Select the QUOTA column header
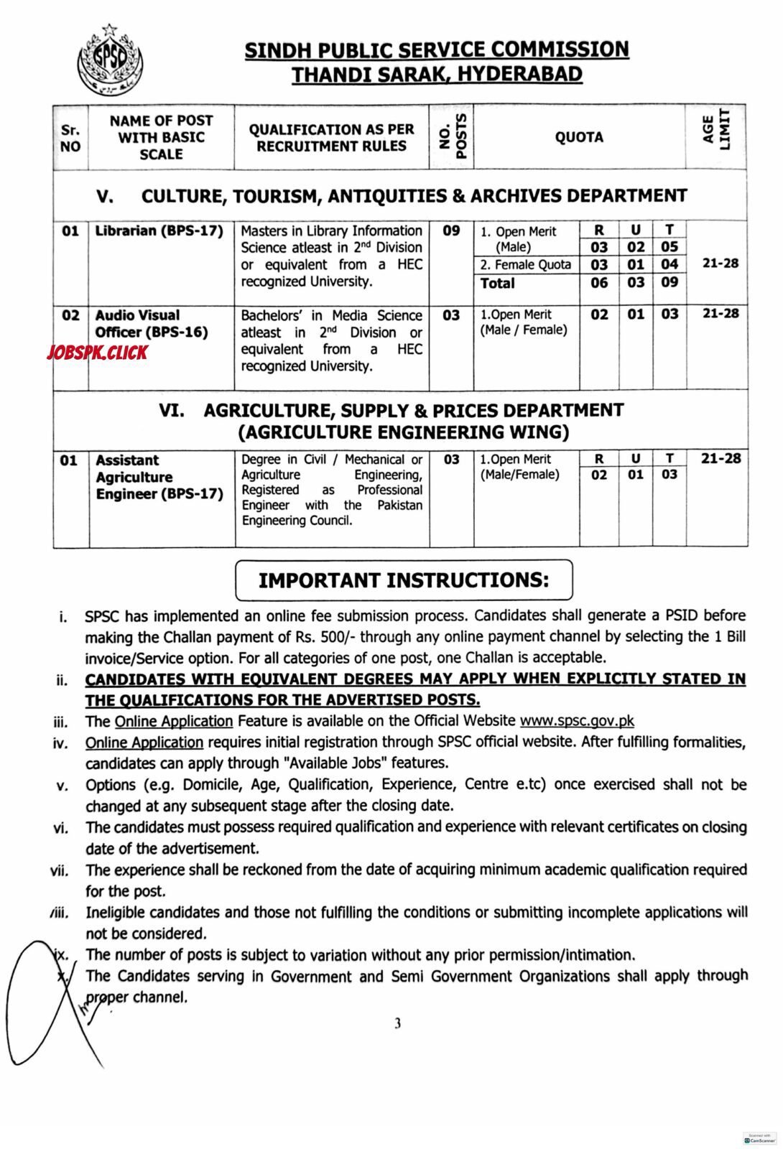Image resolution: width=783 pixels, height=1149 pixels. (x=579, y=137)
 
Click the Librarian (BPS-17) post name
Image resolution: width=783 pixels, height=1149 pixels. (x=159, y=231)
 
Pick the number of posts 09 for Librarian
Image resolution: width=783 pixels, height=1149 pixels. (x=451, y=231)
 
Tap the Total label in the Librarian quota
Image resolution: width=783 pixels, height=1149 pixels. (x=498, y=283)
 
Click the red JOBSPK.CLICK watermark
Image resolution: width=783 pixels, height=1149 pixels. (x=96, y=352)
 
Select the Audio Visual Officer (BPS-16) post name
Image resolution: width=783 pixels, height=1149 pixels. (x=151, y=324)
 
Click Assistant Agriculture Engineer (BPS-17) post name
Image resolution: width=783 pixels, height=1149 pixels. (x=159, y=477)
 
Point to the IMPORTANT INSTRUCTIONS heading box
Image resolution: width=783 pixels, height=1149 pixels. (x=404, y=580)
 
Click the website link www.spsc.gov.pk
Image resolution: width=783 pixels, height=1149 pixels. (x=577, y=720)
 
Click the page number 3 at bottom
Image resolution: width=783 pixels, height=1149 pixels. (x=397, y=1023)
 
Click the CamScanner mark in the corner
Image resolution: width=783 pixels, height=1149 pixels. (x=760, y=1139)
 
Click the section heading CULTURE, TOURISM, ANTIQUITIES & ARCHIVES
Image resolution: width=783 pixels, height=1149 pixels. (x=414, y=195)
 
